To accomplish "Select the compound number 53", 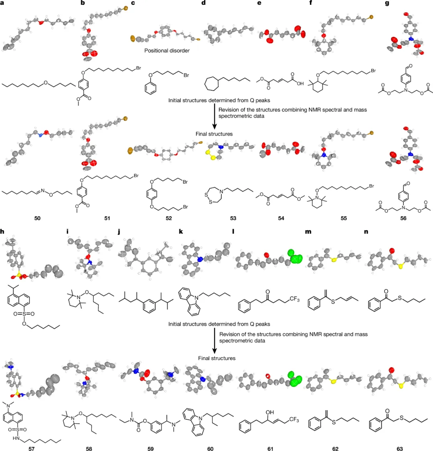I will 233,218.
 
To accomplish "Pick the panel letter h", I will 3,231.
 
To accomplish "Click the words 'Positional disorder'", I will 167,51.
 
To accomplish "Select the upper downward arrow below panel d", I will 214,119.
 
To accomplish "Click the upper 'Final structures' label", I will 214,134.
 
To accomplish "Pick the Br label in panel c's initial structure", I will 186,75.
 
